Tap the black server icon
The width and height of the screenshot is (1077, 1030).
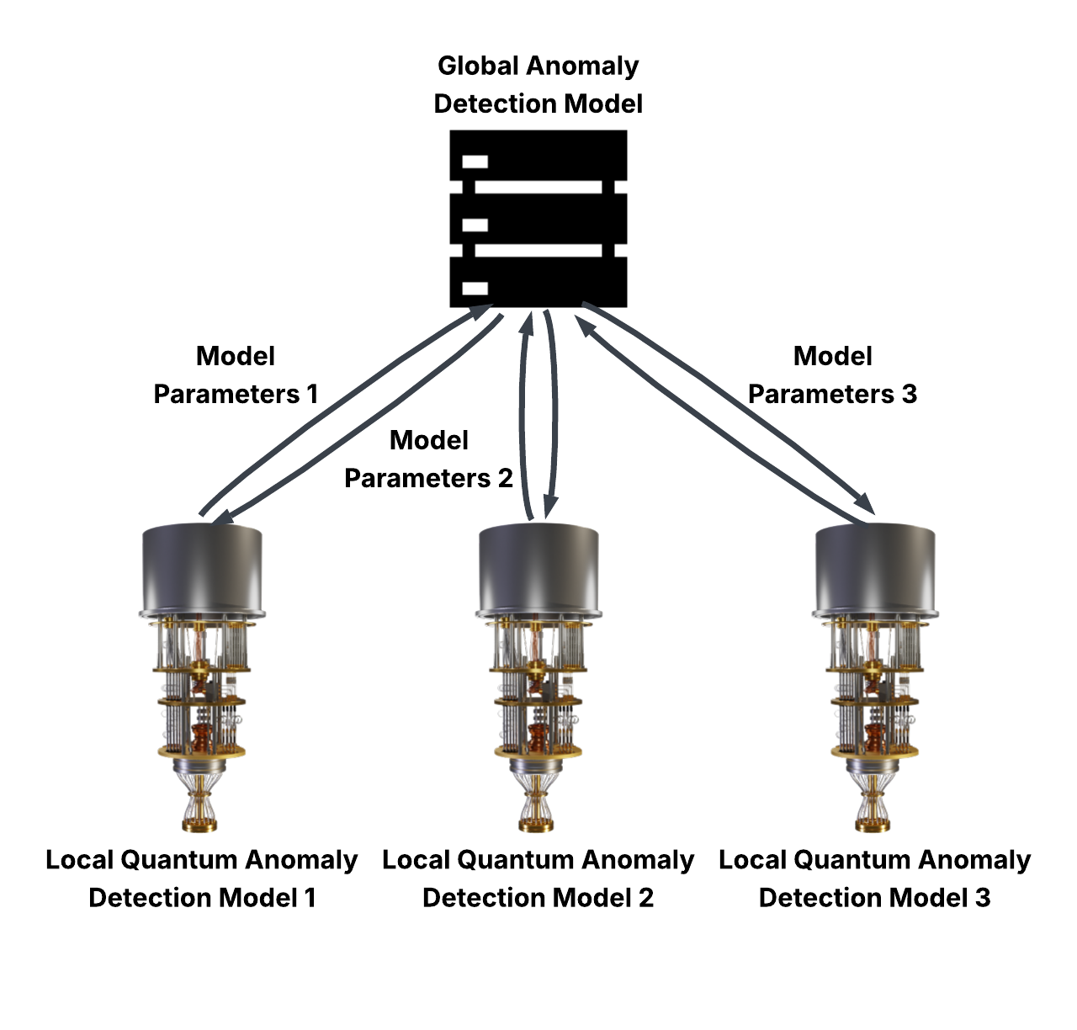coord(538,219)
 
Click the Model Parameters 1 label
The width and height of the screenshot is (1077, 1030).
coord(236,375)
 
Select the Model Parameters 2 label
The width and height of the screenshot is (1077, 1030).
coord(429,459)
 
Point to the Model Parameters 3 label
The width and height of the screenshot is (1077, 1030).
coord(832,375)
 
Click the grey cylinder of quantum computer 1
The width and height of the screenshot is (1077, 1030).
coord(202,568)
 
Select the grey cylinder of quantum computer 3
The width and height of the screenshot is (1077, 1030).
coord(875,568)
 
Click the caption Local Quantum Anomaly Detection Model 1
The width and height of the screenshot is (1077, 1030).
coord(202,879)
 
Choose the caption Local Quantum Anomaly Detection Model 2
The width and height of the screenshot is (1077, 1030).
coord(538,879)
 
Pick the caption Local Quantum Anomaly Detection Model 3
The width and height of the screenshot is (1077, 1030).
coord(875,879)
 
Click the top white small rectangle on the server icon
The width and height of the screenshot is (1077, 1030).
coord(475,161)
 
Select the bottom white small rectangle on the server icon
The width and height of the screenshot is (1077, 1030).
coord(475,289)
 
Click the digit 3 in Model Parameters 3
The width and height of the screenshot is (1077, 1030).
coord(908,394)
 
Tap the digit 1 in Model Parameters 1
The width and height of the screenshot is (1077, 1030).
coord(313,394)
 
